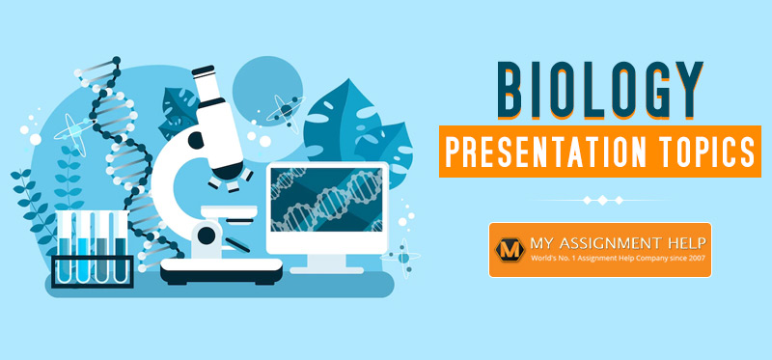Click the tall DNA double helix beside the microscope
(116, 145)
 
